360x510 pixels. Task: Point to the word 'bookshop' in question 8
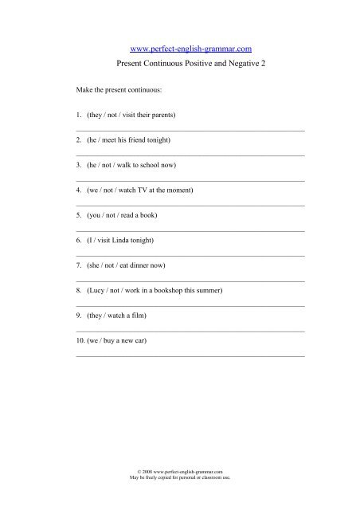[x=175, y=290]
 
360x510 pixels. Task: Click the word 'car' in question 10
[x=140, y=340]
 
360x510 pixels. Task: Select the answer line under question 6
[x=190, y=255]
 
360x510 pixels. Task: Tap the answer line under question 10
[x=190, y=355]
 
